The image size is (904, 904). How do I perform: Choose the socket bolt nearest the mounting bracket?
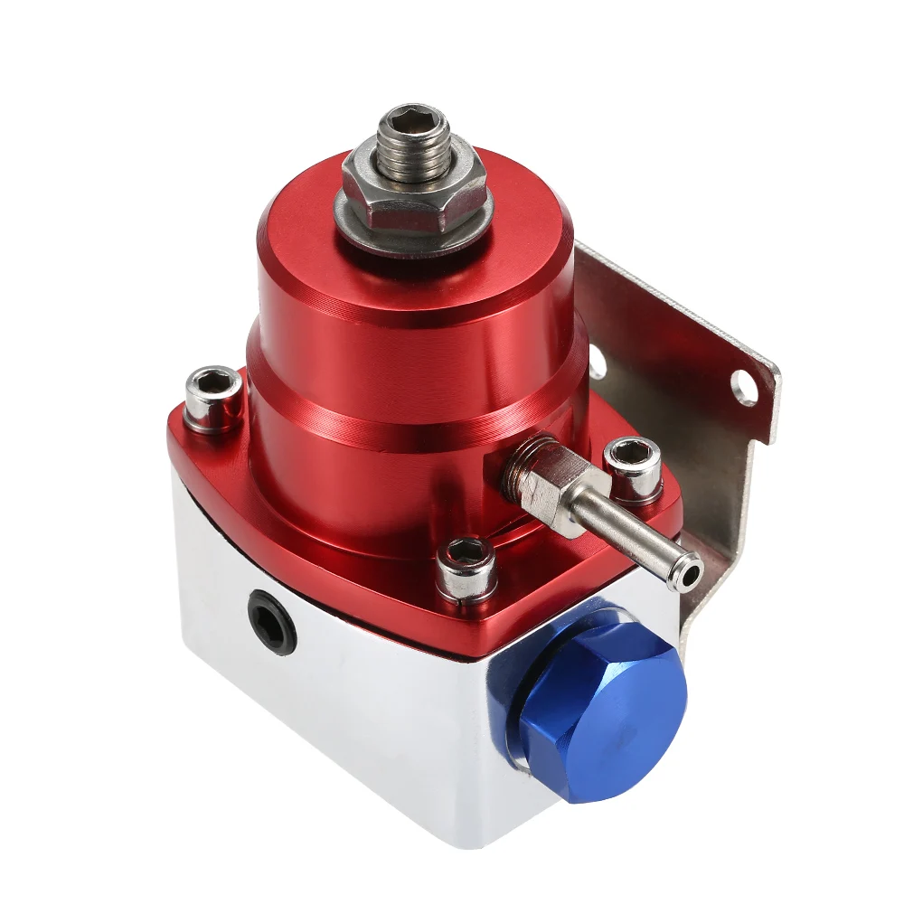coord(632,466)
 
